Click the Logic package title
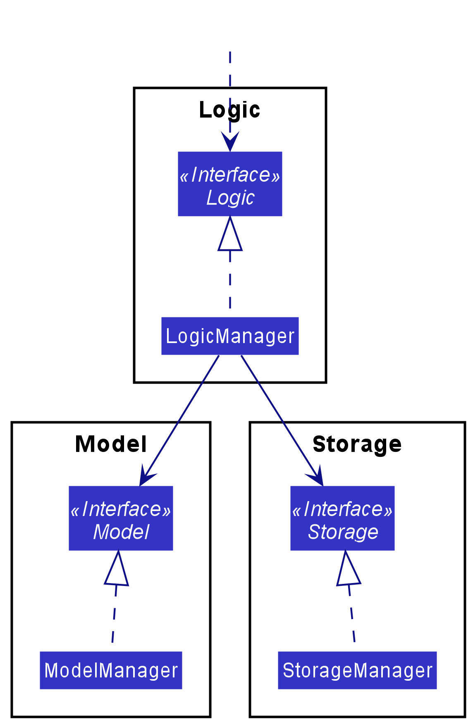[x=229, y=110]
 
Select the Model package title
[x=111, y=444]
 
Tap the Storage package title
[x=357, y=444]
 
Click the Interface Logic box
[x=230, y=184]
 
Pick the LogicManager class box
[x=230, y=336]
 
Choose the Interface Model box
[x=121, y=518]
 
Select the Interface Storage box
[x=342, y=518]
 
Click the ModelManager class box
[x=111, y=670]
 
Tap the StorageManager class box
[x=357, y=670]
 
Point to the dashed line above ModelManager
[x=114, y=617]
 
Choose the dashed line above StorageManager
[x=352, y=617]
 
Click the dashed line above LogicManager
[x=230, y=281]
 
